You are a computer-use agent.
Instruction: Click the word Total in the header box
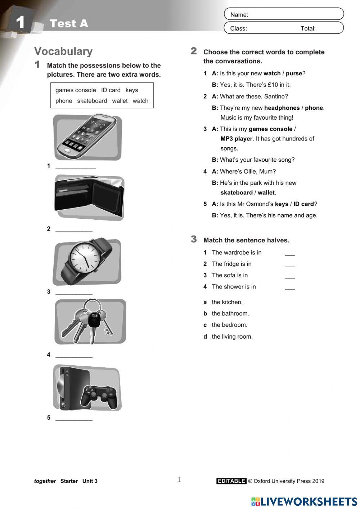[308, 28]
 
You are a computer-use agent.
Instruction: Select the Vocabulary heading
[63, 52]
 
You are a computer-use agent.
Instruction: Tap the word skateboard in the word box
[92, 101]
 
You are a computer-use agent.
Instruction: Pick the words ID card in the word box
[111, 90]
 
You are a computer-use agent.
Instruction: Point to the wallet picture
[89, 197]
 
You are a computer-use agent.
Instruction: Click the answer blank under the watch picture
[74, 293]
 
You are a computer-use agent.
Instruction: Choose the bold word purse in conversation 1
[294, 73]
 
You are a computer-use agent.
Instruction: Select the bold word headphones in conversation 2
[282, 108]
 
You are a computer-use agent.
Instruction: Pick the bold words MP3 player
[236, 139]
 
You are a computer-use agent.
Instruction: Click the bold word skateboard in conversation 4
[236, 192]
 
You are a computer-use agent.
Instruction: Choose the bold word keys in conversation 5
[281, 204]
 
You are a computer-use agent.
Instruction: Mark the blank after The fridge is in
[289, 265]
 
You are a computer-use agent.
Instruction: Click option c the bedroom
[229, 325]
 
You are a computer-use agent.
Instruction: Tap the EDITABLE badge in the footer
[231, 481]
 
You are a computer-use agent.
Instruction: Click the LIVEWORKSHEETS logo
[304, 501]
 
